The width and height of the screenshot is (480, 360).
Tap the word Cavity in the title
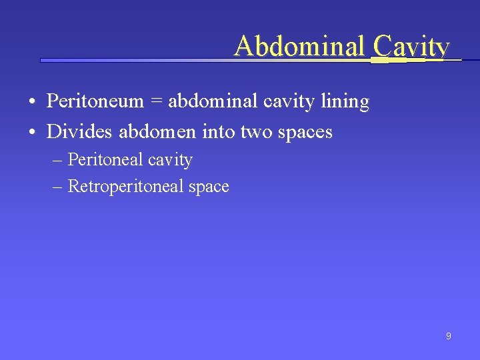[x=411, y=46]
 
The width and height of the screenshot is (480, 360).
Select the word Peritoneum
[x=95, y=101]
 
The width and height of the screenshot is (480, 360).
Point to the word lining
[x=345, y=102]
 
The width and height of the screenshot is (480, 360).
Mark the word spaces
[x=304, y=133]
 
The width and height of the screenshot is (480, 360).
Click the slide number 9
[x=448, y=336]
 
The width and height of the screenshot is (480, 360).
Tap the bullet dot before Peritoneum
[x=32, y=103]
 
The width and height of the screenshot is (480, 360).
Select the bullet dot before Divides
[x=32, y=133]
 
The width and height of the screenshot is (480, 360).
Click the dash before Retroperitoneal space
[x=57, y=187]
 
